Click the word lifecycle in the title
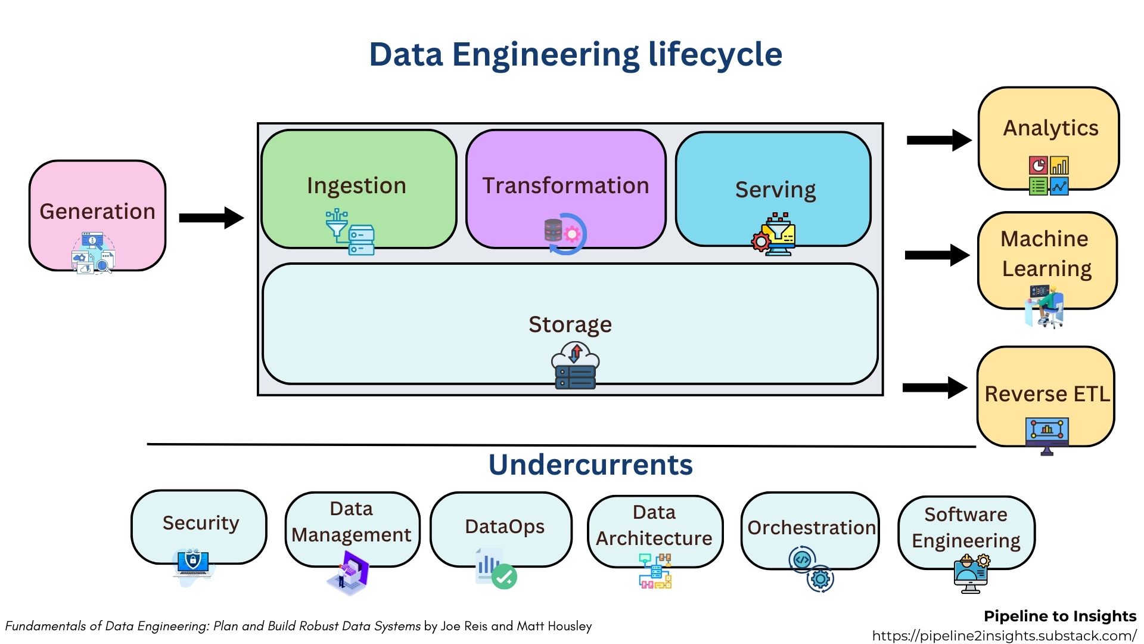tap(715, 54)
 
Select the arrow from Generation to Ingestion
tap(211, 218)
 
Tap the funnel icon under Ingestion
tap(337, 224)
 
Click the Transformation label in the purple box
tap(565, 185)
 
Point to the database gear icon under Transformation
tap(564, 234)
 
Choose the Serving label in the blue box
tap(775, 190)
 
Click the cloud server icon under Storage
tap(575, 366)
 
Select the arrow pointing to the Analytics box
tap(938, 140)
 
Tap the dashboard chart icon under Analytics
tap(1049, 175)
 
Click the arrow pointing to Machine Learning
tap(937, 255)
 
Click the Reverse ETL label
tap(1047, 394)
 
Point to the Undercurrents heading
tap(590, 465)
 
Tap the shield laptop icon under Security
tap(192, 563)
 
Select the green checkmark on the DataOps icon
tap(505, 577)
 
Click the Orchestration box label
tap(811, 528)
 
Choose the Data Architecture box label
tap(654, 525)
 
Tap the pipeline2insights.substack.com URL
tap(1004, 636)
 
